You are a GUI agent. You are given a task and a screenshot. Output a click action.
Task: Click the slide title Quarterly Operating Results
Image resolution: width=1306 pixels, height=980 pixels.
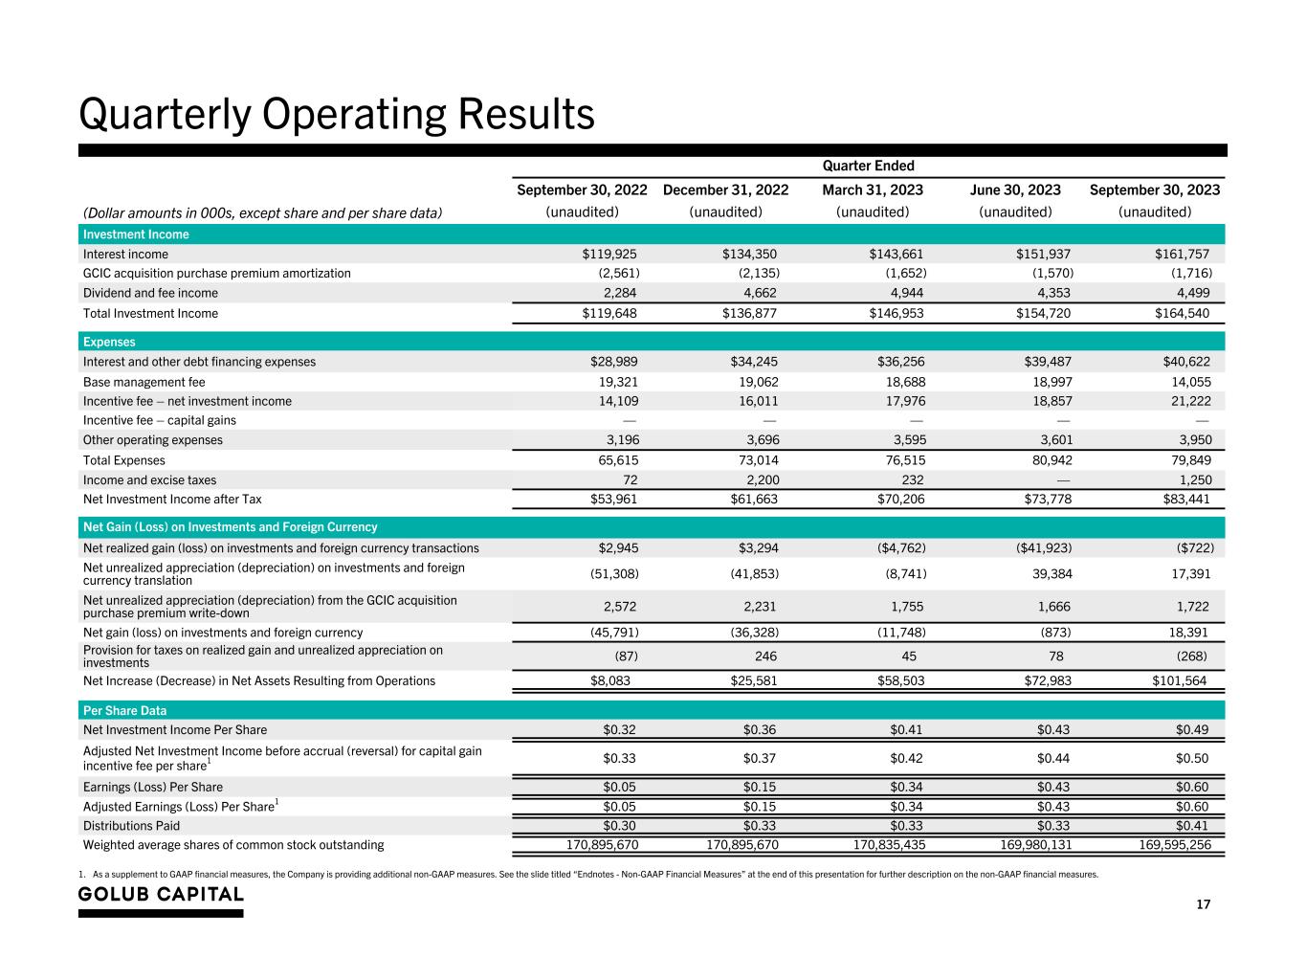336,115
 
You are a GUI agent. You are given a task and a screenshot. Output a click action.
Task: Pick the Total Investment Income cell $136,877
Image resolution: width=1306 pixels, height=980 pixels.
749,313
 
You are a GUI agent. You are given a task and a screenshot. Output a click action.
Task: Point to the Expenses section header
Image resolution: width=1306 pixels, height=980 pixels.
109,342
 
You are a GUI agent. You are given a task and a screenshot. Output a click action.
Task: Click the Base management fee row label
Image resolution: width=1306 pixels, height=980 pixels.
144,382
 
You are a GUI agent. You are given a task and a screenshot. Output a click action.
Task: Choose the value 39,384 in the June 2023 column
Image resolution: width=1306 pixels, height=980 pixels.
1043,573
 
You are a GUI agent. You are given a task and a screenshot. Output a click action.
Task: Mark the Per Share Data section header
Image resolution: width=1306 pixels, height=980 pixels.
124,711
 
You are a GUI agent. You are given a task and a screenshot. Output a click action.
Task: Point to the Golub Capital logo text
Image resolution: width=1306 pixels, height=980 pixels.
161,894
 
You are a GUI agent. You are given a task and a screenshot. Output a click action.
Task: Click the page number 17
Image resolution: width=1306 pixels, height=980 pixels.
1204,905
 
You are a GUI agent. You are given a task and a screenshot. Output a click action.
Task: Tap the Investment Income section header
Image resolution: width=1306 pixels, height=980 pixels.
136,234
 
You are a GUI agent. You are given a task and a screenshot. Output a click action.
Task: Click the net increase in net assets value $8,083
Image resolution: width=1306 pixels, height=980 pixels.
610,680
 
